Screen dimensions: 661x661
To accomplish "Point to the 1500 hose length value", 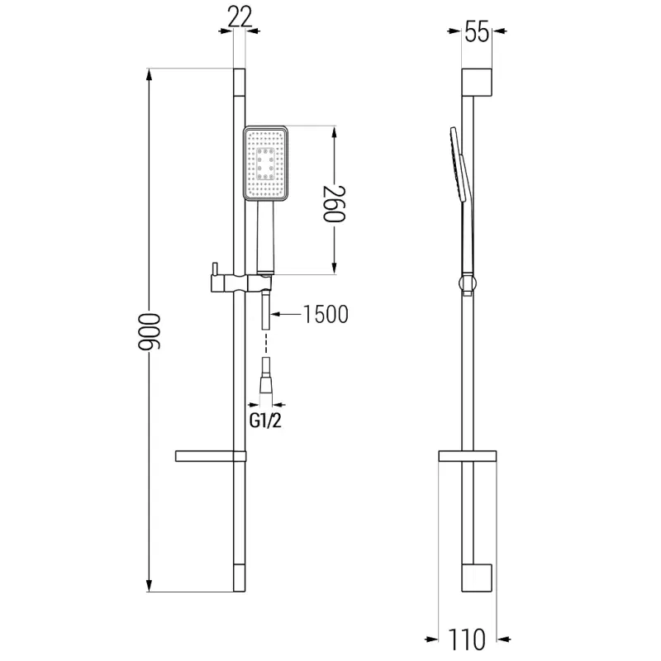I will click(x=325, y=314).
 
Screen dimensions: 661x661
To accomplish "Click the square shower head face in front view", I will click(x=265, y=164).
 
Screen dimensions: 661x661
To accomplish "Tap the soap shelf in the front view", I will click(x=210, y=456).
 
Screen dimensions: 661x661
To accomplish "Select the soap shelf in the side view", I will click(x=467, y=456).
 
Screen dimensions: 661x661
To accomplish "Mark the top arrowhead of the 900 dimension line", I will click(x=150, y=73).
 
